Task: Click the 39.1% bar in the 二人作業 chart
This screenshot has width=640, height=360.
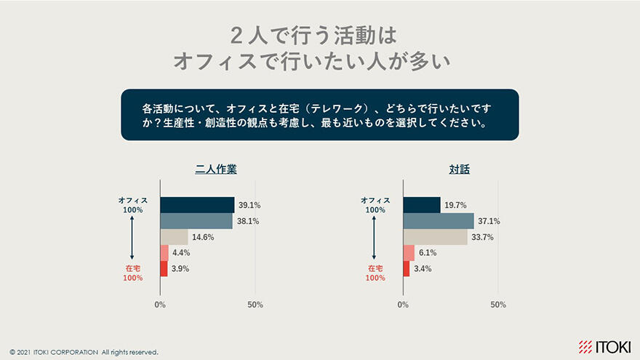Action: pyautogui.click(x=197, y=205)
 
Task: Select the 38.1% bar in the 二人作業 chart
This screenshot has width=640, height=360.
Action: pyautogui.click(x=196, y=221)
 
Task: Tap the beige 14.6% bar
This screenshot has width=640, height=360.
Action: pyautogui.click(x=174, y=237)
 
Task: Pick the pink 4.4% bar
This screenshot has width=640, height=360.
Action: pyautogui.click(x=164, y=253)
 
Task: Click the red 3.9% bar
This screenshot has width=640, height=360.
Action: pyautogui.click(x=164, y=269)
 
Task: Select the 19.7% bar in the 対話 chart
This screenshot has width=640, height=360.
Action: pyautogui.click(x=422, y=205)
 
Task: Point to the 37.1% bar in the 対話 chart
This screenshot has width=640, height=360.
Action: pyautogui.click(x=438, y=221)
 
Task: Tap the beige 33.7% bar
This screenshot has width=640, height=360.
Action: pyautogui.click(x=435, y=237)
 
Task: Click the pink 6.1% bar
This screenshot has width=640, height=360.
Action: pyautogui.click(x=409, y=253)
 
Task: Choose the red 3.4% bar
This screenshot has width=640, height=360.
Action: pyautogui.click(x=406, y=269)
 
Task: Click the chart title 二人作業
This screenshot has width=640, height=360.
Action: pyautogui.click(x=216, y=169)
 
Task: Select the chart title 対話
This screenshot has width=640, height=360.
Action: pyautogui.click(x=459, y=169)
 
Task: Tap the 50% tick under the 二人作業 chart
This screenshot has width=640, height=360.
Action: pyautogui.click(x=255, y=305)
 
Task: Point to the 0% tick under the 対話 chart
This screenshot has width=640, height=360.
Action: pyautogui.click(x=403, y=305)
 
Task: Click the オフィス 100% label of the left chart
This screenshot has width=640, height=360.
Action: pyautogui.click(x=132, y=204)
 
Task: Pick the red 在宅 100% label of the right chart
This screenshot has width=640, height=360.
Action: pyautogui.click(x=375, y=273)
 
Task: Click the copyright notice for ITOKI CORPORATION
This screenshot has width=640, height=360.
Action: pyautogui.click(x=84, y=352)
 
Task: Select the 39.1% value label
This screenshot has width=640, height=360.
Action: pyautogui.click(x=249, y=205)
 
